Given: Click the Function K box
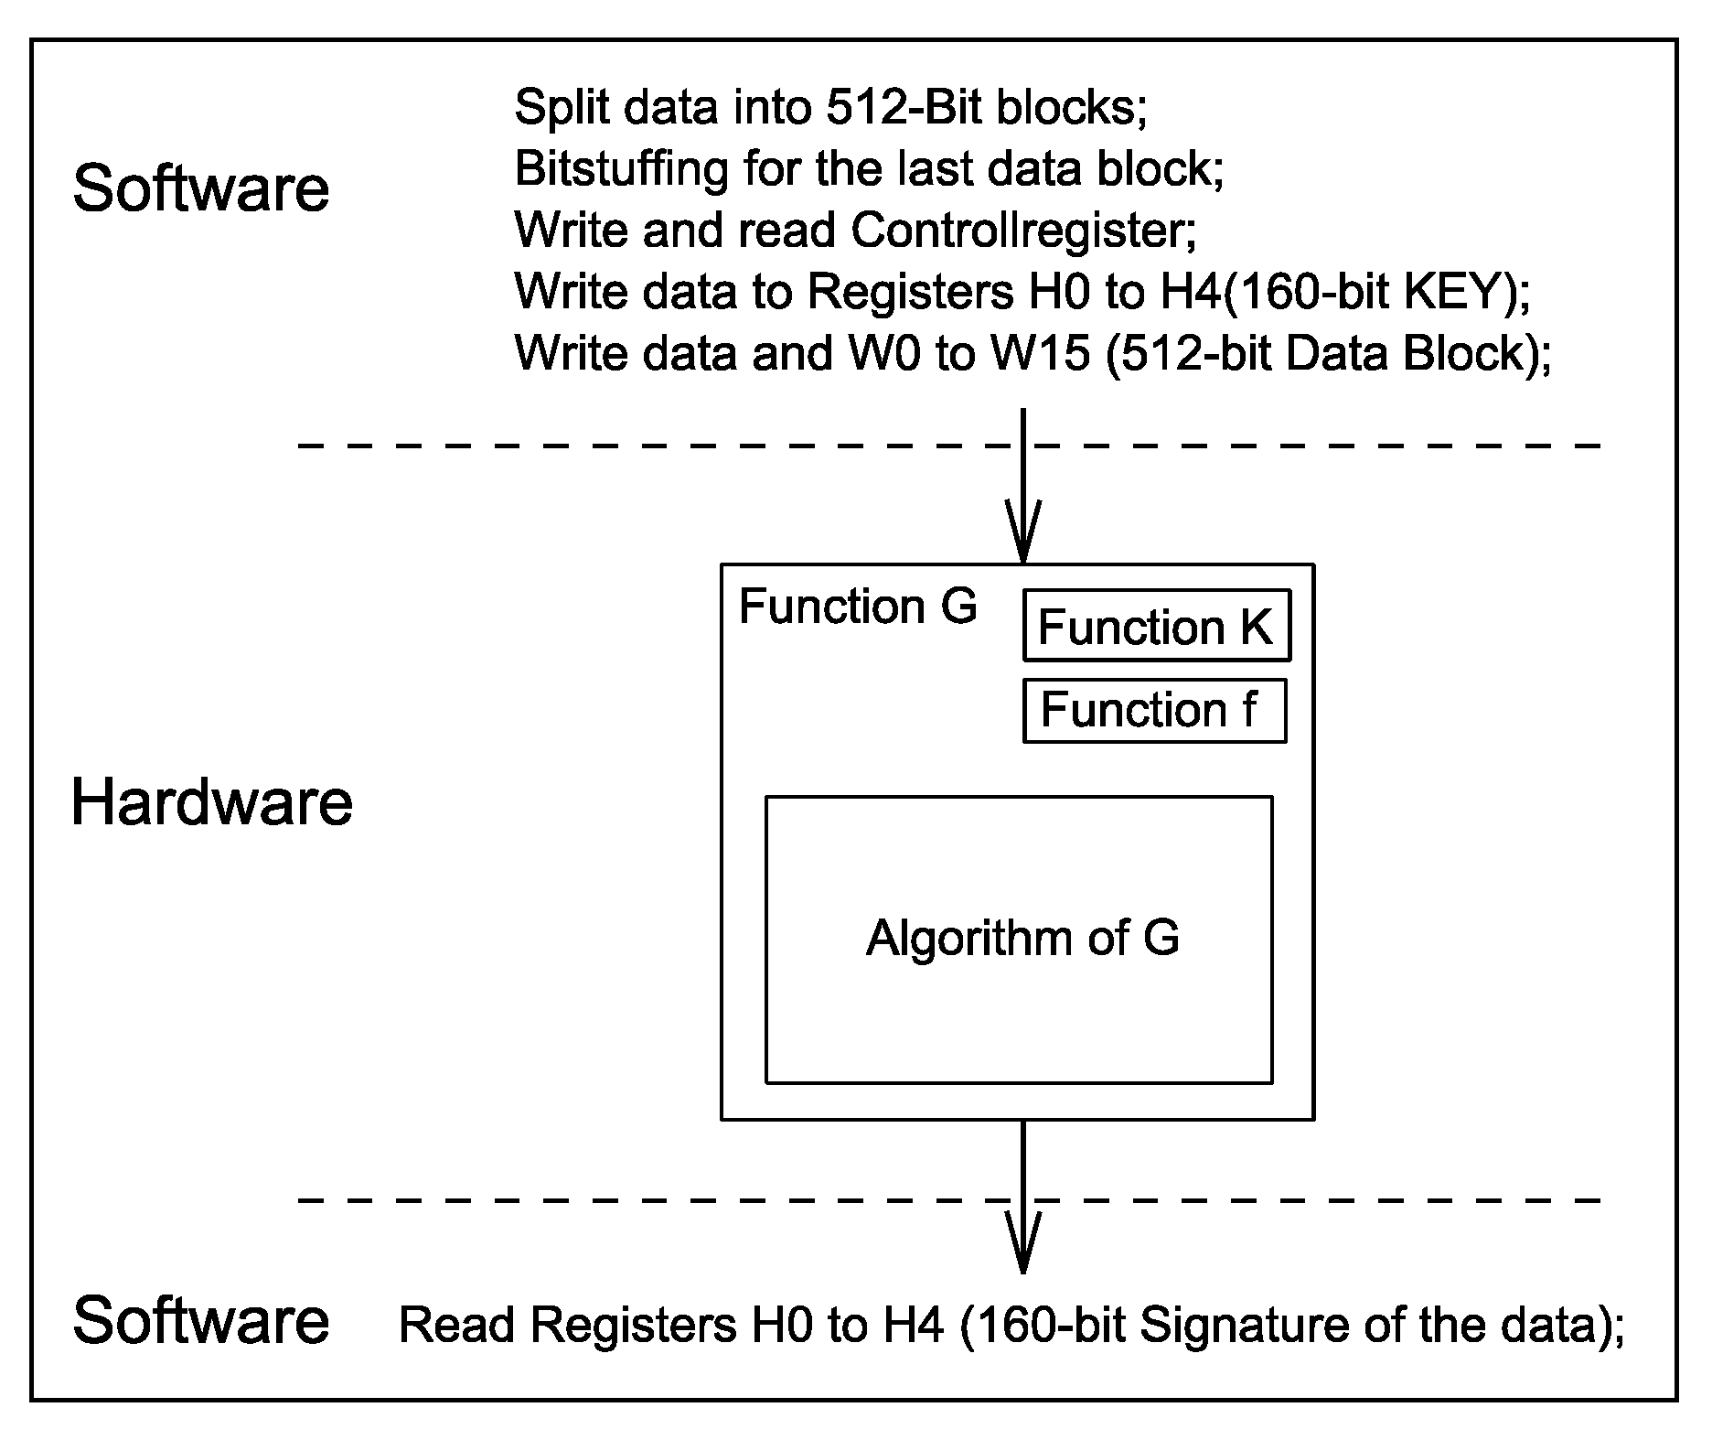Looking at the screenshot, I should [x=1156, y=627].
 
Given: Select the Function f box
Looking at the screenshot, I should [x=1153, y=710].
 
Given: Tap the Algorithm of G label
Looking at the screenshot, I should [x=1022, y=938].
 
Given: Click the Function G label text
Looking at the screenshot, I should [x=857, y=607].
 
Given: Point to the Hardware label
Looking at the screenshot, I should [x=211, y=802].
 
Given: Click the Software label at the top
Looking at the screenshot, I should [x=200, y=188].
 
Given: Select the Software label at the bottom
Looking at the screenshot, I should [x=200, y=1320].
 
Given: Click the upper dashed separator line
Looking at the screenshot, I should [x=640, y=446].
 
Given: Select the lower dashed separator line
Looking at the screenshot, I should [x=640, y=1199].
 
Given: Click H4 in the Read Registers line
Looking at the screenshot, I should [x=918, y=1326].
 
